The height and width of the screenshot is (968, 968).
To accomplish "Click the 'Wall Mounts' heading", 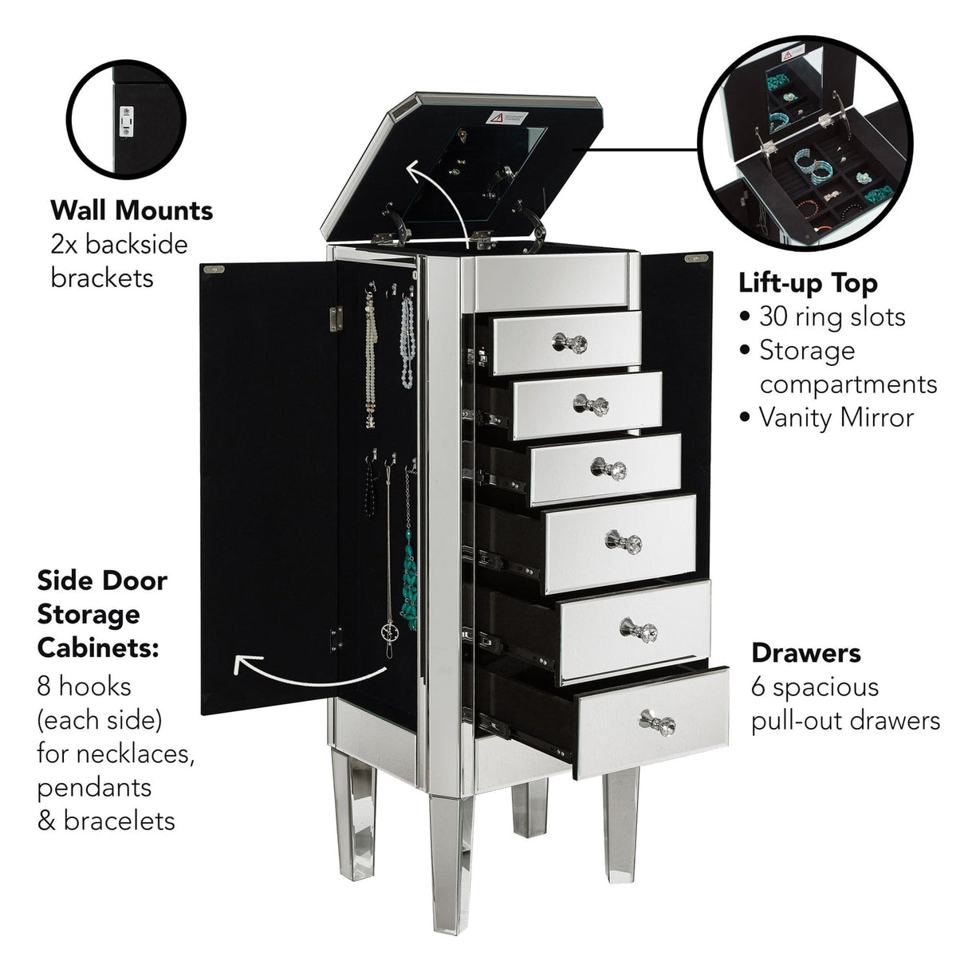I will pyautogui.click(x=132, y=211).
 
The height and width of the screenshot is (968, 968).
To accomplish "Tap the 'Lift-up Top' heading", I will pyautogui.click(x=808, y=283).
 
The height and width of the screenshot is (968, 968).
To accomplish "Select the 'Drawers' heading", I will pyautogui.click(x=805, y=653).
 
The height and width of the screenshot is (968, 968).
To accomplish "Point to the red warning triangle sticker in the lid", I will pyautogui.click(x=496, y=118).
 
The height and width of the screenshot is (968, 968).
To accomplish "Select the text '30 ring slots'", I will pyautogui.click(x=832, y=317).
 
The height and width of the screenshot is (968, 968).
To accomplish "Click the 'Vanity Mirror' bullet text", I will pyautogui.click(x=836, y=417).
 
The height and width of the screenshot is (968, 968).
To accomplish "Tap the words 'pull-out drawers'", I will pyautogui.click(x=845, y=721).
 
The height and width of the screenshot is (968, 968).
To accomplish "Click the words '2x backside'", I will pyautogui.click(x=119, y=244).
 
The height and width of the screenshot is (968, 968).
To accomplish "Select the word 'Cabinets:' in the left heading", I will pyautogui.click(x=98, y=647).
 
